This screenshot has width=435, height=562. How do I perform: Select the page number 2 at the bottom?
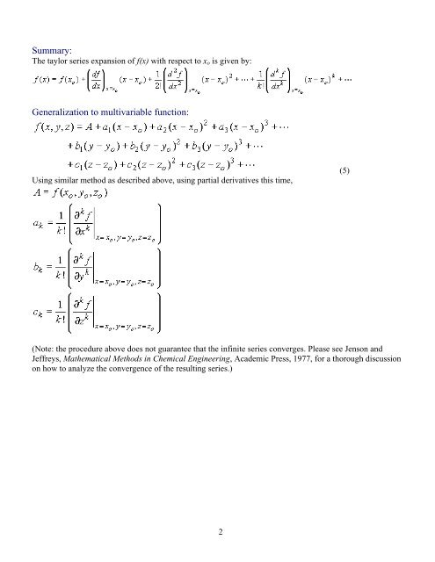[216, 530]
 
